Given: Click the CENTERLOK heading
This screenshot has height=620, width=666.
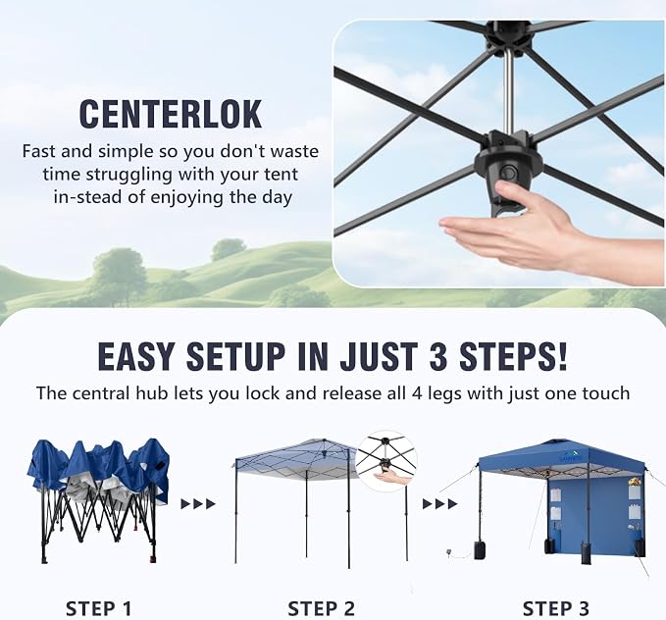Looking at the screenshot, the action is point(170,114).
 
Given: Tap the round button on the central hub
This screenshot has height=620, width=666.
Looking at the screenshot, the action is point(508,174).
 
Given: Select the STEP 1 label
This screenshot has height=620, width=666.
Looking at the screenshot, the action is point(98,608).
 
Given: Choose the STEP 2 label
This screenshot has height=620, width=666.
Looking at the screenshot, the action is point(321,608).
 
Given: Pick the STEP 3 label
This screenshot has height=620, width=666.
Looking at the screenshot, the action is point(555,608).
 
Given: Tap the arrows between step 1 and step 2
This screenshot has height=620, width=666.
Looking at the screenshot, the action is point(198,504).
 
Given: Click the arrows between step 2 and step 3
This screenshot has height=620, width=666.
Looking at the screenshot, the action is point(439,504).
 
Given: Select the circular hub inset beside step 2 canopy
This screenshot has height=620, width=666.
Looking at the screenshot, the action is point(386,462).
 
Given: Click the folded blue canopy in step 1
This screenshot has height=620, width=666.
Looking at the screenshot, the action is point(98,472).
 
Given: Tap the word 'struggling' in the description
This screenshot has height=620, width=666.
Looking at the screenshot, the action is point(129,175).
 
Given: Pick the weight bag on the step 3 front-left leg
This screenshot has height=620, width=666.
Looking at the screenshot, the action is point(482,549).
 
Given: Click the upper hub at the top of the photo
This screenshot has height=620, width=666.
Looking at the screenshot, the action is point(508,36).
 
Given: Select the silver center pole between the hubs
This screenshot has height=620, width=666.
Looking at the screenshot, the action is point(508,91).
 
